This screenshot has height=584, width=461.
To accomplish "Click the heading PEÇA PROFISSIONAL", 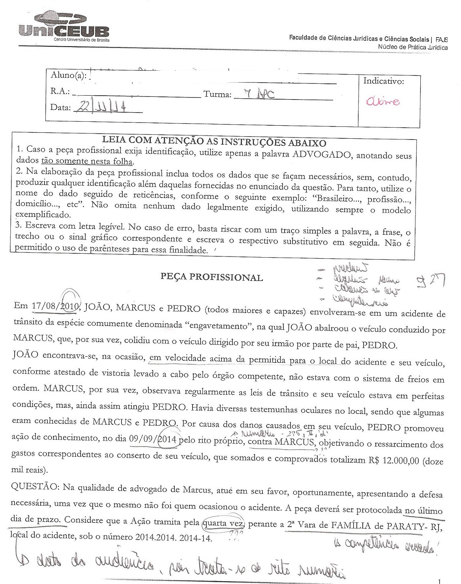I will click(x=212, y=277).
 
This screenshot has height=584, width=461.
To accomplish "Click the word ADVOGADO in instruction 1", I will click(x=321, y=154).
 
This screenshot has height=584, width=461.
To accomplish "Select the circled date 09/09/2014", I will click(x=154, y=439).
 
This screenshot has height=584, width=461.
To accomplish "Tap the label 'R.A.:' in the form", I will click(x=60, y=92).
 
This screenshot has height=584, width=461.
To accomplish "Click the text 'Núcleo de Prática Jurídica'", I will click(x=413, y=47).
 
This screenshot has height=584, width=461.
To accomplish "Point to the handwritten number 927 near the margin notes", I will click(x=431, y=281).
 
